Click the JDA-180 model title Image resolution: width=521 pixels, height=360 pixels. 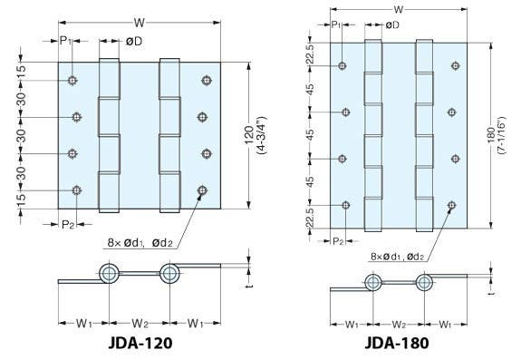click(x=396, y=344)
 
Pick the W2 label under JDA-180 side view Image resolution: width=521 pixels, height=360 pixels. click(x=396, y=323)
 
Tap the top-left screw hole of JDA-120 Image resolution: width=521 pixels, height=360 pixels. click(x=72, y=81)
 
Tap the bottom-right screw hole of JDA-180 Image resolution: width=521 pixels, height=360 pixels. click(x=450, y=207)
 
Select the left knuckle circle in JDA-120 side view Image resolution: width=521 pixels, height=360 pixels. click(x=110, y=274)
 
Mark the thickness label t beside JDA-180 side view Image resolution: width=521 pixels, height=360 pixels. click(x=490, y=293)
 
